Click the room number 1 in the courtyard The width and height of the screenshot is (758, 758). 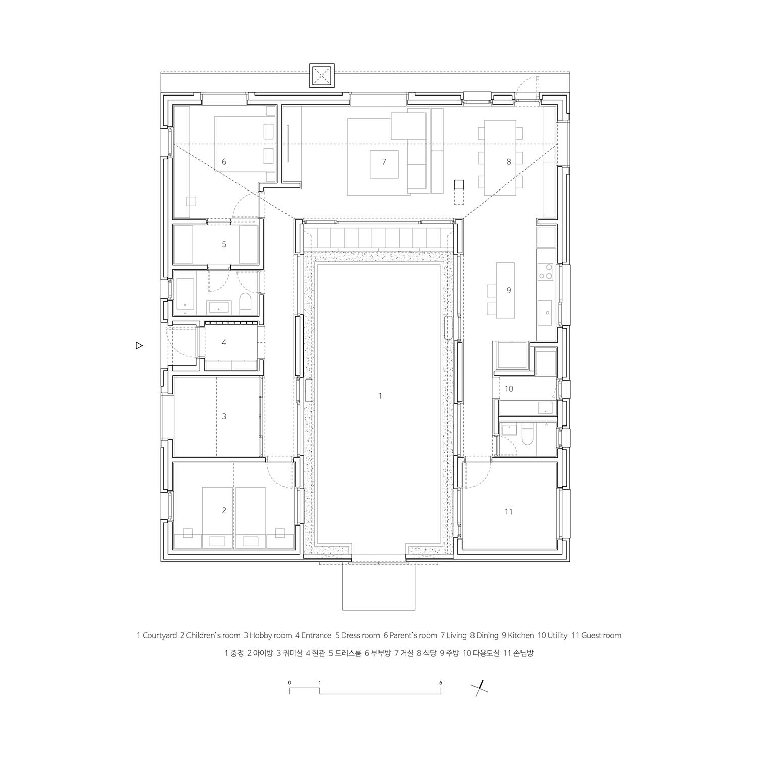click(x=380, y=396)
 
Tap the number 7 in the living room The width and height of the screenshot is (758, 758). click(x=384, y=162)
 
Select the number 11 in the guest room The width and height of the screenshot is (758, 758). click(x=509, y=512)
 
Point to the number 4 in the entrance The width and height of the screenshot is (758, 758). click(x=224, y=343)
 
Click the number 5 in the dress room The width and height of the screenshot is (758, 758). click(x=224, y=244)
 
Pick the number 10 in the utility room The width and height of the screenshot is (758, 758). click(x=509, y=389)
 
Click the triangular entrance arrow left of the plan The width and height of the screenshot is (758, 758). click(x=139, y=346)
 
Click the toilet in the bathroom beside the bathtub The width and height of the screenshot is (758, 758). click(x=244, y=302)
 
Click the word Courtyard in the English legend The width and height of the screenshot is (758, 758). click(x=159, y=635)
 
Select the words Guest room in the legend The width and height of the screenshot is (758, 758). click(x=601, y=635)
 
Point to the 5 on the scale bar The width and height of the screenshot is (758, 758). click(x=441, y=682)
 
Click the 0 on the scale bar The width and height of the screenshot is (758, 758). click(x=290, y=682)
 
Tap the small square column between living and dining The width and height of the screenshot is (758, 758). click(x=458, y=184)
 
